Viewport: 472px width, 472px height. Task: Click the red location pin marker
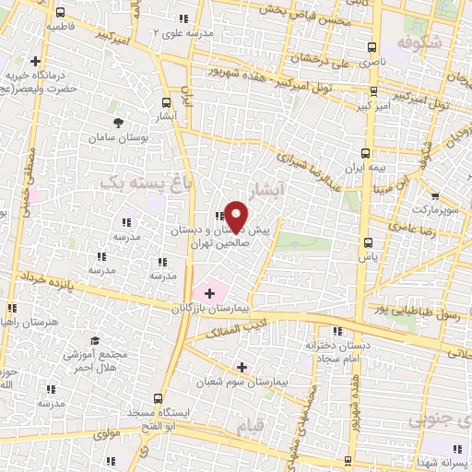click(237, 215)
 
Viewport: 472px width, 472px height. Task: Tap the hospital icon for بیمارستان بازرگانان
click(210, 294)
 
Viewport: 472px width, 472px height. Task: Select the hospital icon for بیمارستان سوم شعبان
click(242, 366)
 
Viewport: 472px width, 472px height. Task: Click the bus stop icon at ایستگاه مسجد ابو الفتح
click(159, 399)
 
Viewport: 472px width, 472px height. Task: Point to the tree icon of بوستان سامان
click(117, 123)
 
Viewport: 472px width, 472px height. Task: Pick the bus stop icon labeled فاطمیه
click(61, 14)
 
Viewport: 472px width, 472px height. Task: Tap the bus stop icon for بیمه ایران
click(367, 153)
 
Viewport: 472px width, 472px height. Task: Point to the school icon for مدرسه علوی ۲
click(183, 18)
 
